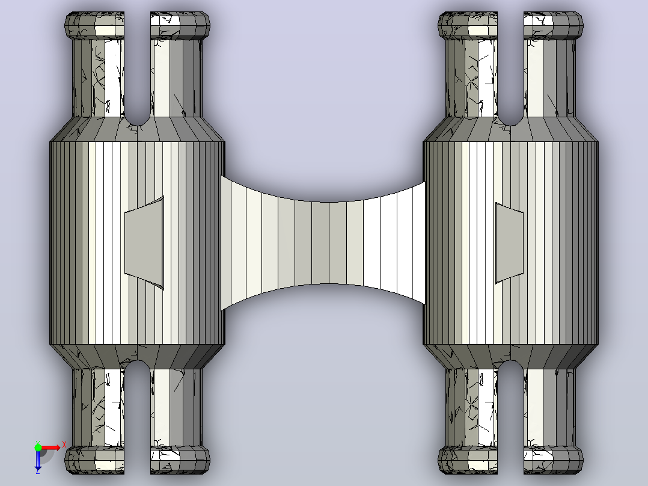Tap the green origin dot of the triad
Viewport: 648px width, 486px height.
(x=38, y=448)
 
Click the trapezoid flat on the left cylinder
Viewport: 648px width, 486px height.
(x=144, y=242)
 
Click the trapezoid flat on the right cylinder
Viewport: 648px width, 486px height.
(x=509, y=243)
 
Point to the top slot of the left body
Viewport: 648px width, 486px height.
(x=137, y=68)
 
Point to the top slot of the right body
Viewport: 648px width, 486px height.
(x=511, y=68)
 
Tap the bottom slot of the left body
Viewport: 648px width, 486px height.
(x=137, y=417)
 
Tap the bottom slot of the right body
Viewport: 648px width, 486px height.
(x=511, y=417)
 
